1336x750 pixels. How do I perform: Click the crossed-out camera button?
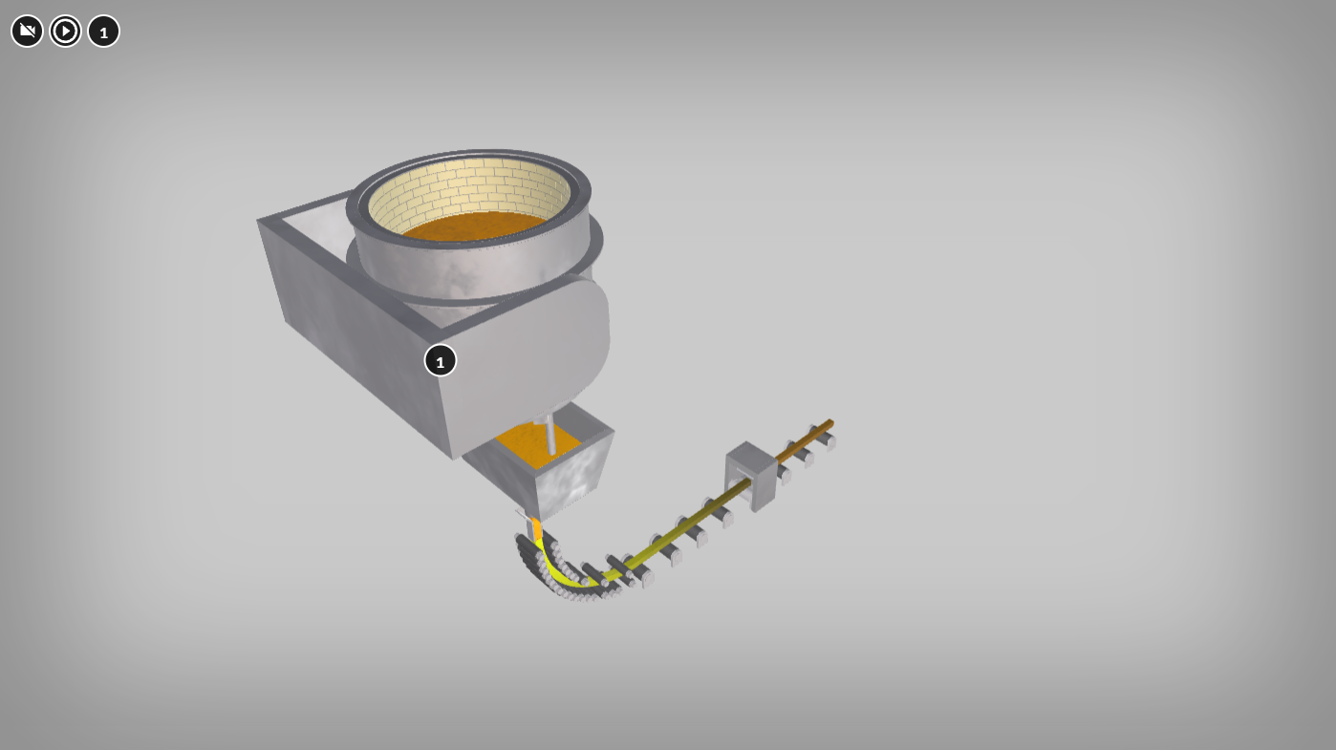[x=27, y=31]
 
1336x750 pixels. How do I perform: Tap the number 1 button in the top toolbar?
[x=104, y=31]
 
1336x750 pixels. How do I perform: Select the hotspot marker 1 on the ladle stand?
[x=441, y=361]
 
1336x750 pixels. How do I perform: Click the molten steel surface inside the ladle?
[x=474, y=225]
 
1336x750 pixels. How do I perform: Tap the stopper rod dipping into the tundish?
[x=549, y=437]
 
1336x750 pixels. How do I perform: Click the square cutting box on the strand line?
[x=751, y=476]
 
